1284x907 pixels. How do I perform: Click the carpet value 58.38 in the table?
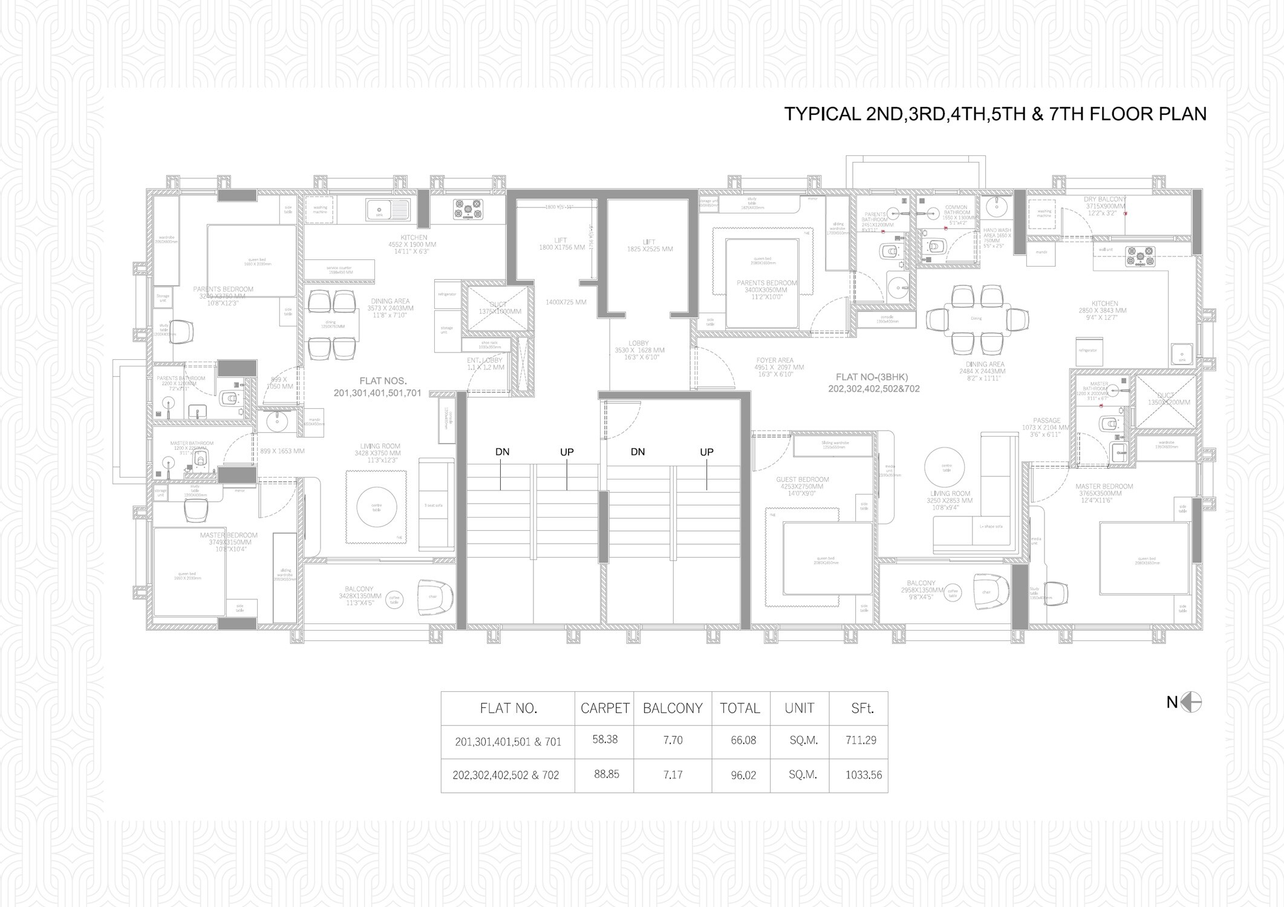click(x=605, y=740)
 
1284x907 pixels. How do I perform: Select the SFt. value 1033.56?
click(x=864, y=775)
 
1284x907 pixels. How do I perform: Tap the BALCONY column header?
click(x=673, y=708)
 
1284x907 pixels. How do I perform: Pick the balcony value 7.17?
click(x=673, y=775)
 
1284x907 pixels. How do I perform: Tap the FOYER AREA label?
click(x=775, y=360)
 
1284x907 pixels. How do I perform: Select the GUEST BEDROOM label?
click(x=802, y=480)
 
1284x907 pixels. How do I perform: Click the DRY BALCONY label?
click(x=1105, y=199)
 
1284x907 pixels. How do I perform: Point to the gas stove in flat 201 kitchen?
click(x=469, y=209)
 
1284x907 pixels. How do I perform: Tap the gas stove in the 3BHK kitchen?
click(x=1139, y=256)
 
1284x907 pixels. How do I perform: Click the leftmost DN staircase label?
click(x=502, y=452)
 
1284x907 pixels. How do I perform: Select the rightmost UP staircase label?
click(x=706, y=452)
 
